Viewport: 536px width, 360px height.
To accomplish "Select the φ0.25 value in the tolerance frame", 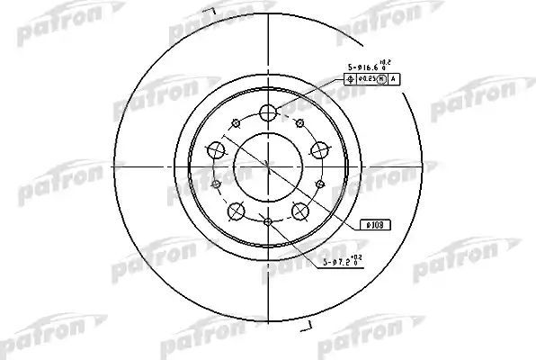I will click(x=370, y=79).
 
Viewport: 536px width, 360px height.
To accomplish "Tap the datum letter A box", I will click(x=393, y=79).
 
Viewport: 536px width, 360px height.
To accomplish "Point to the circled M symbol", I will click(x=382, y=79).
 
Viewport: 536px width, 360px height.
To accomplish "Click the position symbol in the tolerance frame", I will click(x=351, y=79).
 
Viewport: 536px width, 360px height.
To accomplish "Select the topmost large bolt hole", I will click(x=268, y=113).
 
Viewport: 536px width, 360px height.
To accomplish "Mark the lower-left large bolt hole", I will click(x=237, y=211).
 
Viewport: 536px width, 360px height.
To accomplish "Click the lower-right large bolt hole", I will click(x=300, y=211).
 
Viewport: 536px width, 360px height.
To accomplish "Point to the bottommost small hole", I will click(x=268, y=222).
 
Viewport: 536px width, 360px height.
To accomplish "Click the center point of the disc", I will click(x=268, y=166).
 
